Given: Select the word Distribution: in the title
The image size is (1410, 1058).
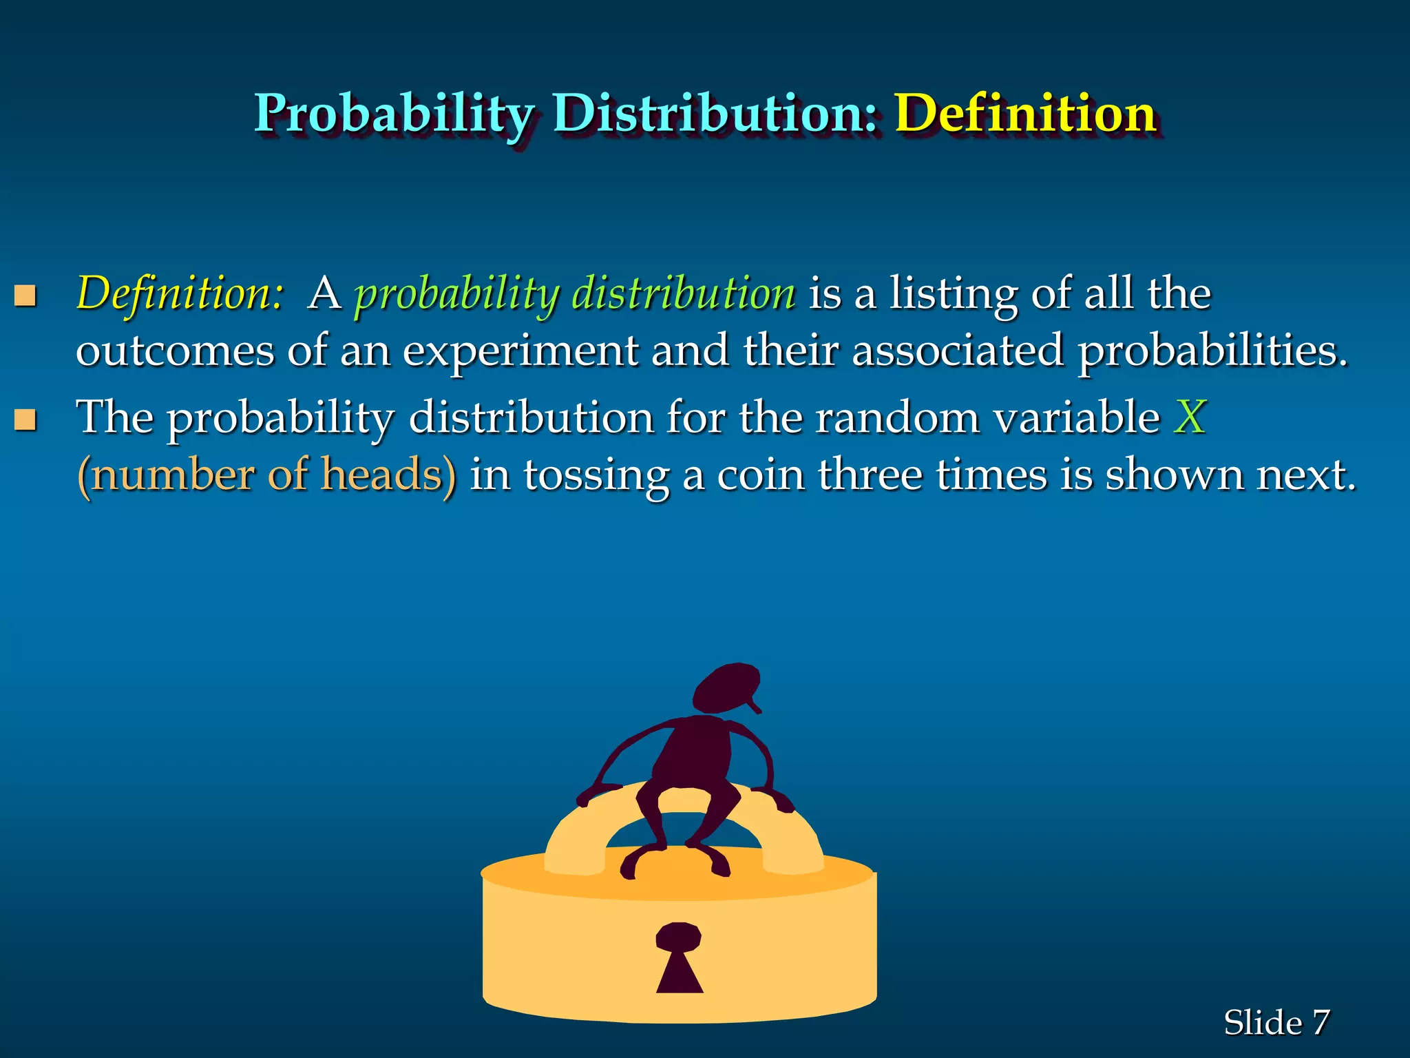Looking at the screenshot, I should [x=716, y=113].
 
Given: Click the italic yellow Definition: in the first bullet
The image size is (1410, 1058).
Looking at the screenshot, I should [x=180, y=294].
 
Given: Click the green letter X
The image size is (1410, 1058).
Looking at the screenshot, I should [x=1190, y=417].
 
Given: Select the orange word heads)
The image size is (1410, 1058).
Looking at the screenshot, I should [x=389, y=475].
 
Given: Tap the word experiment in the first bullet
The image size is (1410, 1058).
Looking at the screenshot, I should [x=520, y=351].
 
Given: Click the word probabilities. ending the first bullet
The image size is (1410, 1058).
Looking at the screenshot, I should [x=1212, y=351].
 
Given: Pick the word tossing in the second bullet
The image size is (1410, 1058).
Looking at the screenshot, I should [x=596, y=475].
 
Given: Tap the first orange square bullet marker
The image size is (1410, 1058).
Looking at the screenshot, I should [x=25, y=296].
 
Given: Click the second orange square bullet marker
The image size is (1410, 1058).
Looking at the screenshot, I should [x=25, y=419].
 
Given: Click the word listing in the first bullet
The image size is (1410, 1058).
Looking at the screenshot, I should [x=954, y=294].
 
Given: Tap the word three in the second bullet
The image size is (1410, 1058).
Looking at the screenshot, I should [x=870, y=475].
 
